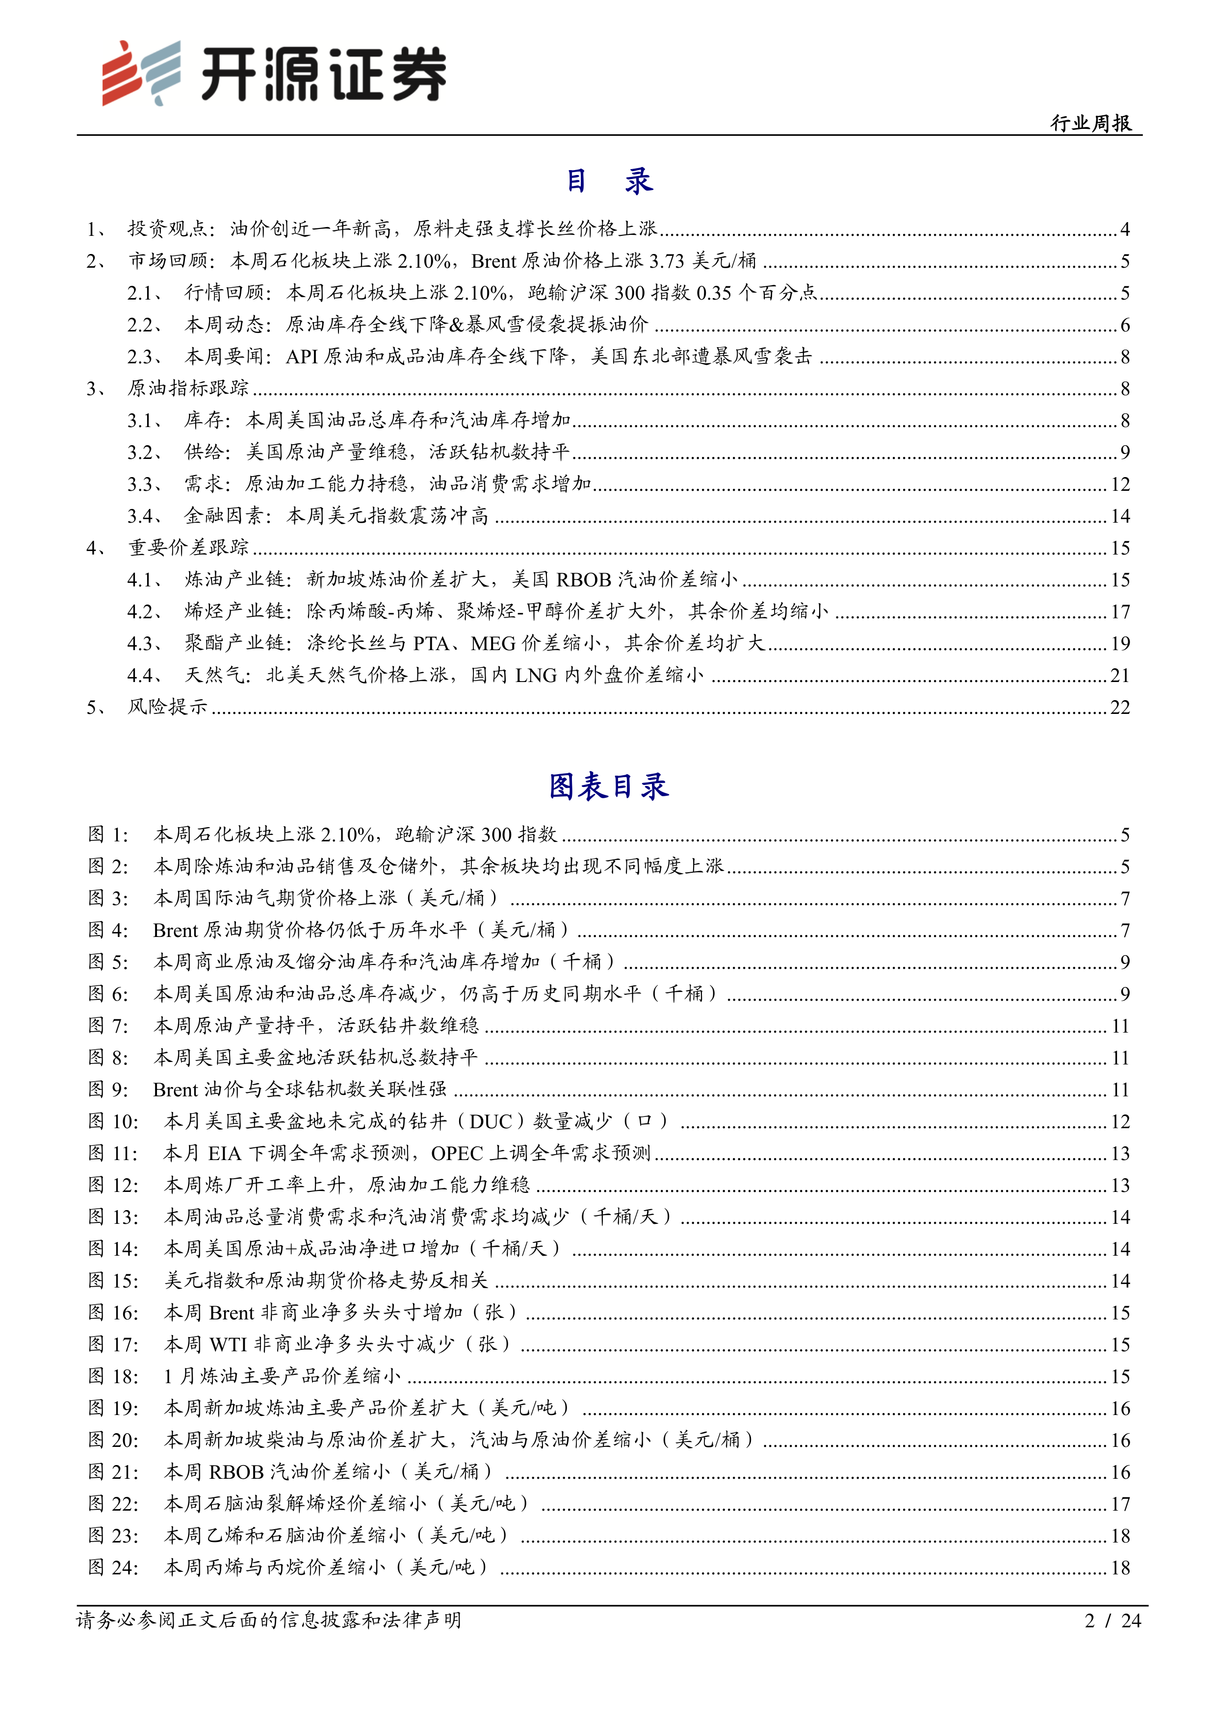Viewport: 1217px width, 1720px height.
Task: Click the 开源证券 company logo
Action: click(274, 74)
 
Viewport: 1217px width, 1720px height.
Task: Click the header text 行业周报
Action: click(1090, 123)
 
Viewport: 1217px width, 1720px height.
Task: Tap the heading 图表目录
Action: click(608, 786)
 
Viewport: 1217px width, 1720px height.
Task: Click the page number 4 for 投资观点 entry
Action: click(1125, 229)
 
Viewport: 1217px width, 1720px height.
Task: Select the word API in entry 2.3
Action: click(302, 356)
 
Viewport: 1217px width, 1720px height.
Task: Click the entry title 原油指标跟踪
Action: click(188, 388)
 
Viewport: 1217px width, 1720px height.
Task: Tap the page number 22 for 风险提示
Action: click(1119, 707)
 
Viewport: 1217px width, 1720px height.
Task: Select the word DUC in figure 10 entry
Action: click(491, 1121)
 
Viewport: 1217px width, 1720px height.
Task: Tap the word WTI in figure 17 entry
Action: click(228, 1345)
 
